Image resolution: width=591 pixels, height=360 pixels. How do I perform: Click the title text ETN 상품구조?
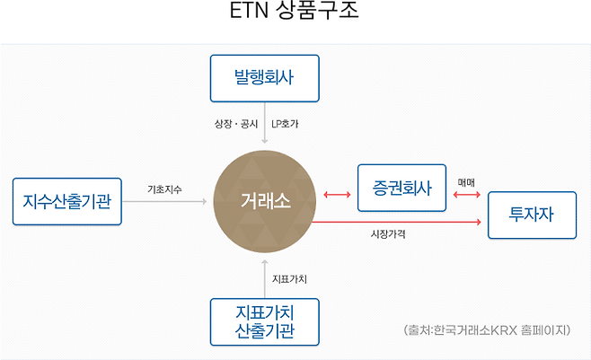tap(294, 10)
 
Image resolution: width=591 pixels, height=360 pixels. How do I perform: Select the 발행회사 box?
tap(265, 78)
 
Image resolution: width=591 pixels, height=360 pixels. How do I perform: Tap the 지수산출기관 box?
tap(67, 201)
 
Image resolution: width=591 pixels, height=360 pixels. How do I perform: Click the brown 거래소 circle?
tap(265, 201)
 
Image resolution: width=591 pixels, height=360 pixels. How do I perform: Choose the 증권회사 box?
tap(401, 188)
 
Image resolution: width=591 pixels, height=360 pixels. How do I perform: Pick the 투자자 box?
tap(532, 215)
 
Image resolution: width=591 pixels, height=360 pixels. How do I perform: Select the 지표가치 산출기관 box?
tap(265, 322)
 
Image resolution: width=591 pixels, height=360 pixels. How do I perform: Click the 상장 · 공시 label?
tap(236, 124)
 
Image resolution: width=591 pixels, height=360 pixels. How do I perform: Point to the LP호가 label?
tap(285, 124)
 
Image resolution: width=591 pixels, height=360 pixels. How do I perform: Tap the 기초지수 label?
tap(164, 189)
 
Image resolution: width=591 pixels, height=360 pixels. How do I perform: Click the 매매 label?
tap(466, 182)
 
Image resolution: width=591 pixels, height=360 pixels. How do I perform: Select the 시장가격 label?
tap(388, 234)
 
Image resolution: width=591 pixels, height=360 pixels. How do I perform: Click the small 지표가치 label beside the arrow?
tap(289, 279)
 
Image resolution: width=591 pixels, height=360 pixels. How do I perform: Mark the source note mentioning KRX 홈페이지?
tap(487, 330)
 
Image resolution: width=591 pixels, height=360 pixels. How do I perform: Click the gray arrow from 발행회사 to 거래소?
tap(265, 123)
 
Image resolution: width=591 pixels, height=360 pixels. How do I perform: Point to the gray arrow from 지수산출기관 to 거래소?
tap(164, 201)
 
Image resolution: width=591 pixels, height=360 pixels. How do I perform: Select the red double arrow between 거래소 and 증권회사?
tap(337, 195)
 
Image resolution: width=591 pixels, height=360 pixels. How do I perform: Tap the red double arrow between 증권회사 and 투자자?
tap(467, 195)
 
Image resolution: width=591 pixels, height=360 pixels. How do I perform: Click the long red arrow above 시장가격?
tap(396, 222)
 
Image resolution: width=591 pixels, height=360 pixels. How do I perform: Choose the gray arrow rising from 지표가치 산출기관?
tap(265, 278)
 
